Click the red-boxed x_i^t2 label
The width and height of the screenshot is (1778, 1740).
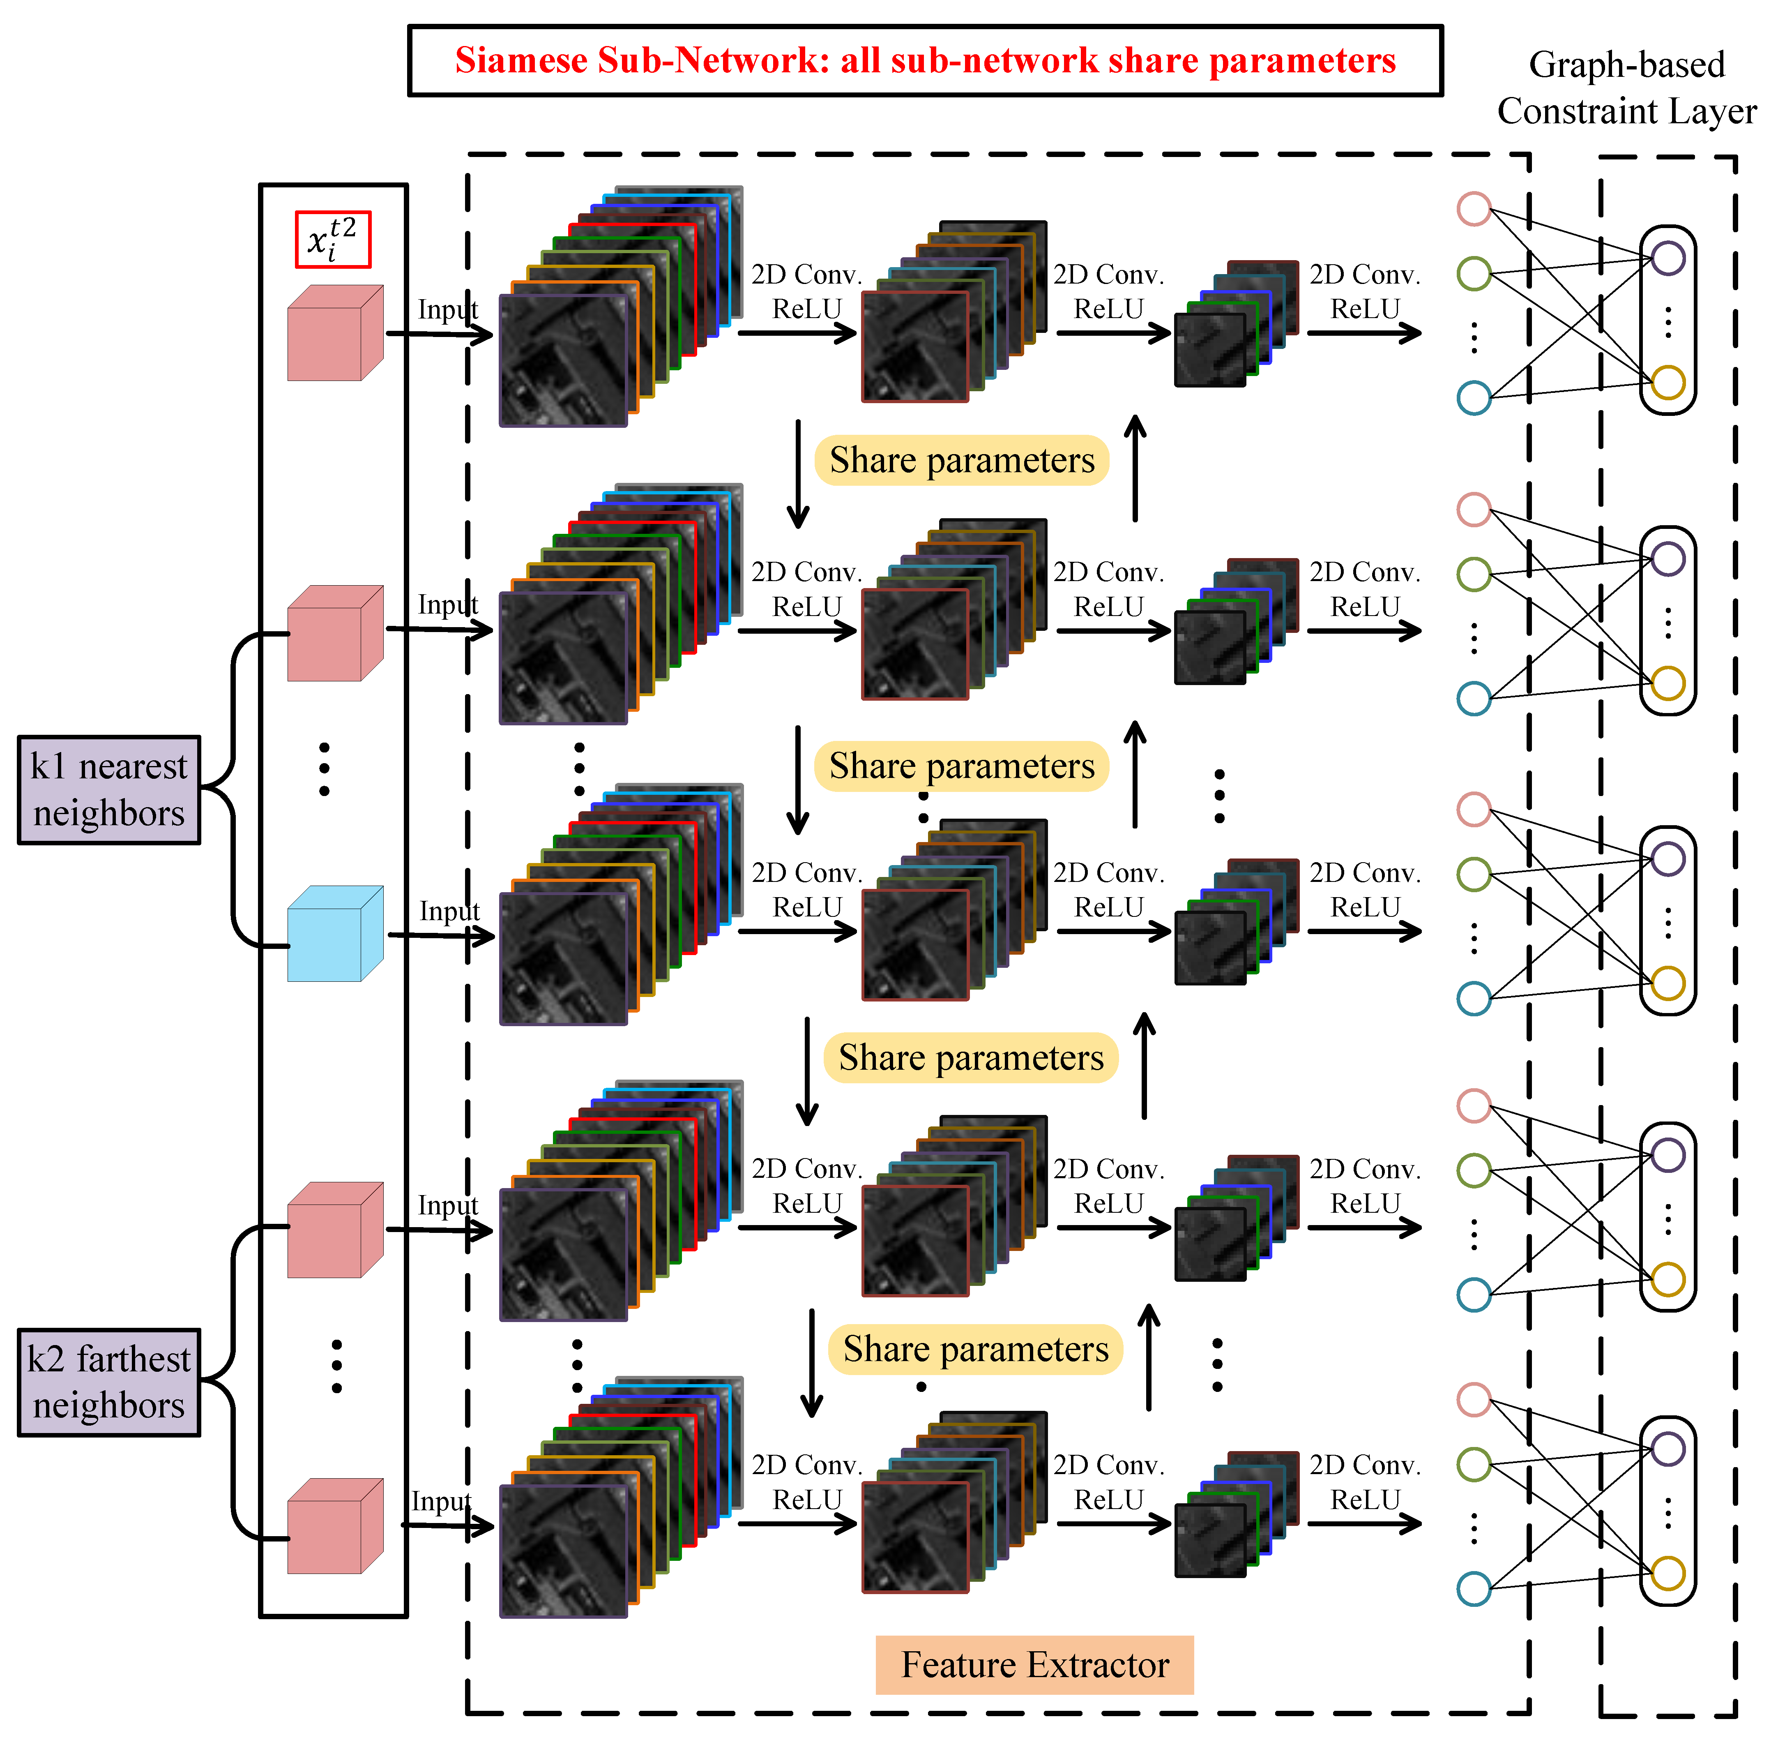coord(333,240)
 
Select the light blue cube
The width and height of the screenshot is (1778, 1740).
coord(335,933)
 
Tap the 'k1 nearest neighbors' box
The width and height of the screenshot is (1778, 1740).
coord(109,789)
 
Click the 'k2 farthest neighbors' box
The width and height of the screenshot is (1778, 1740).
coord(109,1382)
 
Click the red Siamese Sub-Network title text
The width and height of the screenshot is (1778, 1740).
coord(926,60)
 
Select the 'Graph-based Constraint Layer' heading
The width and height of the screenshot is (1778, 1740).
coord(1626,88)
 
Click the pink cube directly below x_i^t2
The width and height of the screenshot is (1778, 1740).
coord(335,332)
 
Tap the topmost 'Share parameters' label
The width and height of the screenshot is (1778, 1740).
coord(962,460)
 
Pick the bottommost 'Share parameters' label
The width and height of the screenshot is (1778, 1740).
coord(976,1349)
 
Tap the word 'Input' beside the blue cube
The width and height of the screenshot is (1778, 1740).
coord(449,911)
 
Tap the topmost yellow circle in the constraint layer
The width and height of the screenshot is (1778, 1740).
coord(1668,382)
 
